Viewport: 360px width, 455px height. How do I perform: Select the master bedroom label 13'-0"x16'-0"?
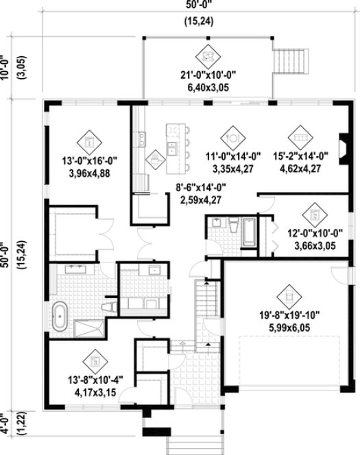pos(89,162)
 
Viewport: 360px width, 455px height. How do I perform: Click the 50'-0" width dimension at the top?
pos(181,4)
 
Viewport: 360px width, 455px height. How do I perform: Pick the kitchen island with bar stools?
pos(178,144)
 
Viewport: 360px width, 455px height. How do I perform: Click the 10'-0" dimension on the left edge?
pos(7,69)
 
